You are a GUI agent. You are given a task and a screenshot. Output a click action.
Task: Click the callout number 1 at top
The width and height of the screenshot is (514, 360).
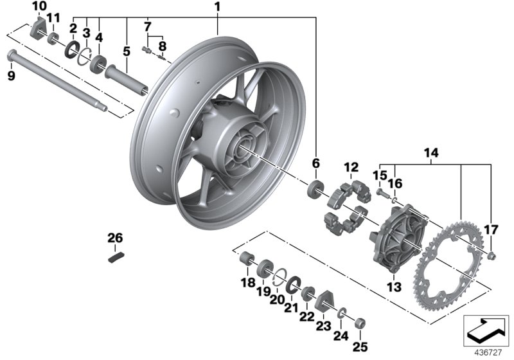[217, 7]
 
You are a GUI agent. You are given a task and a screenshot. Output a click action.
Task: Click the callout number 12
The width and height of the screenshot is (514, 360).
[350, 168]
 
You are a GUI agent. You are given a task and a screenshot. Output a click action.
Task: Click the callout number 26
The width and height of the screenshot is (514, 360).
[114, 239]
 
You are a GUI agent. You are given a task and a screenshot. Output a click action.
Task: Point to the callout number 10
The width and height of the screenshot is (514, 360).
[39, 6]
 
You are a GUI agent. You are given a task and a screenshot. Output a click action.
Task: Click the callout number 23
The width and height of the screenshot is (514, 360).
[323, 326]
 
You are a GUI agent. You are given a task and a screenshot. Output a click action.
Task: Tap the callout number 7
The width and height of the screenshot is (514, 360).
[147, 27]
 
